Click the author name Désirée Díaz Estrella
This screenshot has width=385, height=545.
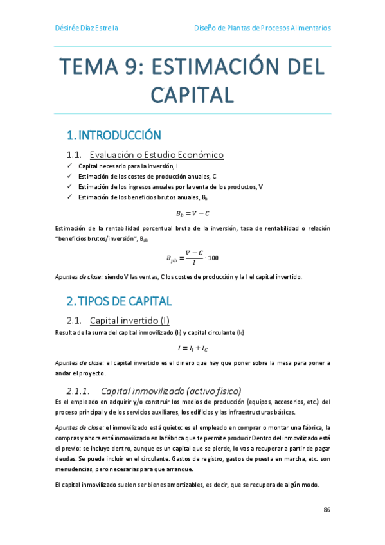(x=85, y=28)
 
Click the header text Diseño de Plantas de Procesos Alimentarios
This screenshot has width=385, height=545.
(x=262, y=28)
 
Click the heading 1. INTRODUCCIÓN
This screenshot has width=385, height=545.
(x=113, y=136)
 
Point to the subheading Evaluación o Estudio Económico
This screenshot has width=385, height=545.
(x=156, y=155)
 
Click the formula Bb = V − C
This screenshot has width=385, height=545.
(x=193, y=213)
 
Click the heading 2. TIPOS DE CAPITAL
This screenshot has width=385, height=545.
(x=119, y=301)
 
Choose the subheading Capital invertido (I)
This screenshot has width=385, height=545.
(x=129, y=320)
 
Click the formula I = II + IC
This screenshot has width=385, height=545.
(x=193, y=348)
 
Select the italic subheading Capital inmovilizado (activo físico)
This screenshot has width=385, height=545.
(x=171, y=391)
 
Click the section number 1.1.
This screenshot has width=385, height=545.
(x=74, y=155)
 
